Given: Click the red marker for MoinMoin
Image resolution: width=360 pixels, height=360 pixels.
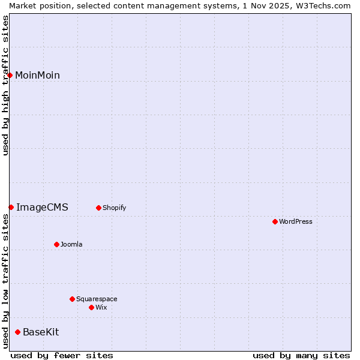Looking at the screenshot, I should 10,75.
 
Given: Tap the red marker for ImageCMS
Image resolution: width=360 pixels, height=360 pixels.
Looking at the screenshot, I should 11,207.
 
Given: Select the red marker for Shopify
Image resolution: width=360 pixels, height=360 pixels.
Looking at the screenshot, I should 98,208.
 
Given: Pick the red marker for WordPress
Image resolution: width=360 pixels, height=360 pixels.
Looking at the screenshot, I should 275,221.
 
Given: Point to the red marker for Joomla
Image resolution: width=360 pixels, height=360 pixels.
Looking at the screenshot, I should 56,244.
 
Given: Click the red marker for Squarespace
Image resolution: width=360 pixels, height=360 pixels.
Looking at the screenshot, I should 72,299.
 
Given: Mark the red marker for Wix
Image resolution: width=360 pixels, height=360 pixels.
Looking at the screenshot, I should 91,307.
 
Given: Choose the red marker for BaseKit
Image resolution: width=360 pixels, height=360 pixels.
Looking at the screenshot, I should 17,332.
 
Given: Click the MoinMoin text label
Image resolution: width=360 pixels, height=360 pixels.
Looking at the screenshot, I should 37,75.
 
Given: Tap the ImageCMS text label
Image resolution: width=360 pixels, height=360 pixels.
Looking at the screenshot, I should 42,207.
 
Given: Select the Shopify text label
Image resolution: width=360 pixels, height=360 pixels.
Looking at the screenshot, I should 114,208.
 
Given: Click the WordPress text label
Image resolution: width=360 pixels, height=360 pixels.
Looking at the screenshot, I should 296,221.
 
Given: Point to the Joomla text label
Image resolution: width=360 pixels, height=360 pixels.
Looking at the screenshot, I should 71,244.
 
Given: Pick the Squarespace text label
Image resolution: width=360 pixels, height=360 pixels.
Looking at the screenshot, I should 97,299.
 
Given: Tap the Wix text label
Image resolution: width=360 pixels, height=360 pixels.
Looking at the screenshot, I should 101,307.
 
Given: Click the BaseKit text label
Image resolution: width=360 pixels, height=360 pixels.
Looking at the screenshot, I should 41,332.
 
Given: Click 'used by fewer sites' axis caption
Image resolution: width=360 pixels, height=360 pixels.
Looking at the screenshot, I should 62,355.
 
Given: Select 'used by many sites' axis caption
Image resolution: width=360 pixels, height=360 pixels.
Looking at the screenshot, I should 301,355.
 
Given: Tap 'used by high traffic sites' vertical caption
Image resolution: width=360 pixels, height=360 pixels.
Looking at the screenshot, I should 5,85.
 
